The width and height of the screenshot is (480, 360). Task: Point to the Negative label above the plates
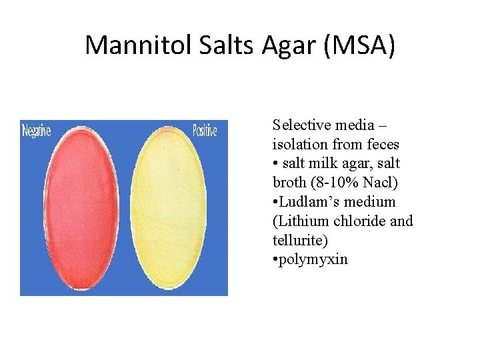pyautogui.click(x=37, y=131)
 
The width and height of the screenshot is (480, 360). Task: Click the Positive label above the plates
pyautogui.click(x=205, y=131)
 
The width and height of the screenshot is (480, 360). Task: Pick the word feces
pyautogui.click(x=383, y=144)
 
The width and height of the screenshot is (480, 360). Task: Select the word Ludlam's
pyautogui.click(x=309, y=201)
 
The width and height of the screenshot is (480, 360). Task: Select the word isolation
pyautogui.click(x=299, y=144)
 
